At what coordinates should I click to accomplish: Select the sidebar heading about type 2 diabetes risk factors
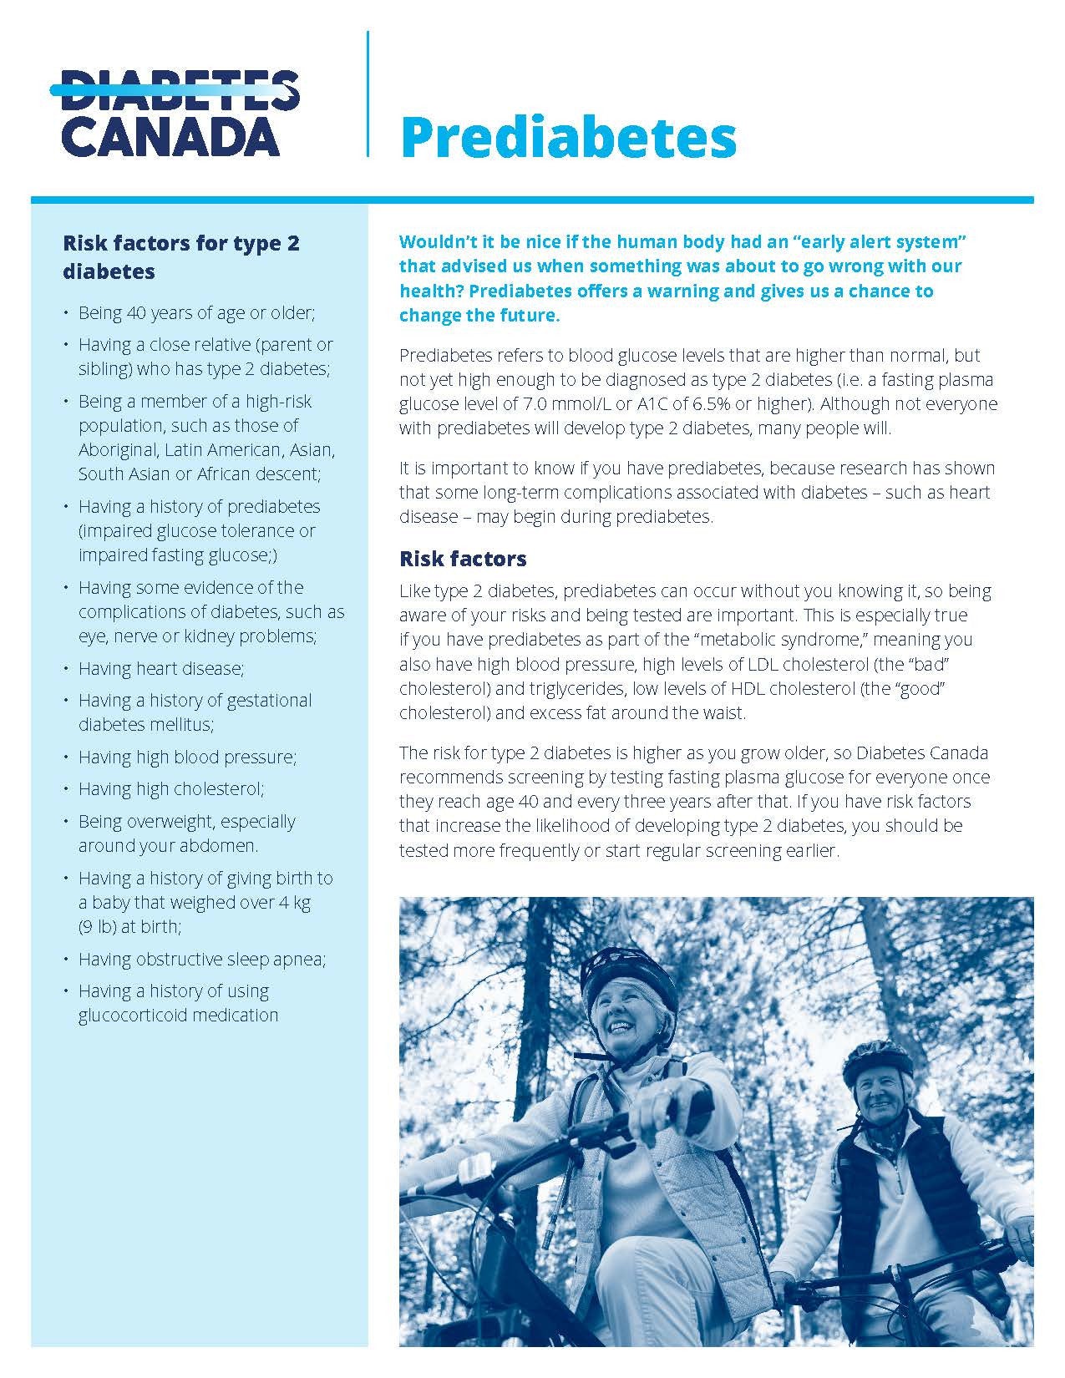pyautogui.click(x=181, y=257)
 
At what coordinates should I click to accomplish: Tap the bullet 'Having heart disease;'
pyautogui.click(x=161, y=668)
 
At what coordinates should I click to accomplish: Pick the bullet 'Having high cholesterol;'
pyautogui.click(x=171, y=788)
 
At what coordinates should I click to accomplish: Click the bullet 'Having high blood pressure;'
pyautogui.click(x=188, y=757)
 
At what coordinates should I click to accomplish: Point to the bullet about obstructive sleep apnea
pyautogui.click(x=202, y=959)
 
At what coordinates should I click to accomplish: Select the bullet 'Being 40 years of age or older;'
pyautogui.click(x=196, y=313)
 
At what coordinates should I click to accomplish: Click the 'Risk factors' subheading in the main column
pyautogui.click(x=463, y=558)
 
